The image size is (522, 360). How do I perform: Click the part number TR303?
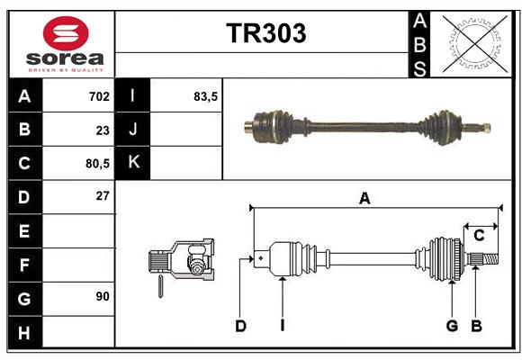(x=265, y=33)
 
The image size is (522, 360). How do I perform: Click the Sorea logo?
(x=65, y=42)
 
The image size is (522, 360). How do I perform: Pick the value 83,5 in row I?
(x=206, y=95)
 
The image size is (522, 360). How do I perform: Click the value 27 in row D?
(x=102, y=196)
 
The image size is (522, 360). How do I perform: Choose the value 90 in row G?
(x=102, y=296)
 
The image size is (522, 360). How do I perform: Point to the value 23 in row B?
(x=102, y=130)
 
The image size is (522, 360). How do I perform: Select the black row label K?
(x=133, y=163)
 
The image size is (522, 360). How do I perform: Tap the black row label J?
(x=133, y=130)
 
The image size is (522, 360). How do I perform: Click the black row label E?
(x=24, y=231)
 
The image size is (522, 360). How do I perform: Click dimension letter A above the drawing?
(x=364, y=199)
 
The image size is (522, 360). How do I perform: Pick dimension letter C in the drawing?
(x=479, y=236)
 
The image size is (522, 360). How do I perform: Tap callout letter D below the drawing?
(x=240, y=326)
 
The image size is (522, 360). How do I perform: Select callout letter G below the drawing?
(x=452, y=326)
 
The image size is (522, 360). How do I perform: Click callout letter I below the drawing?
(x=282, y=326)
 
